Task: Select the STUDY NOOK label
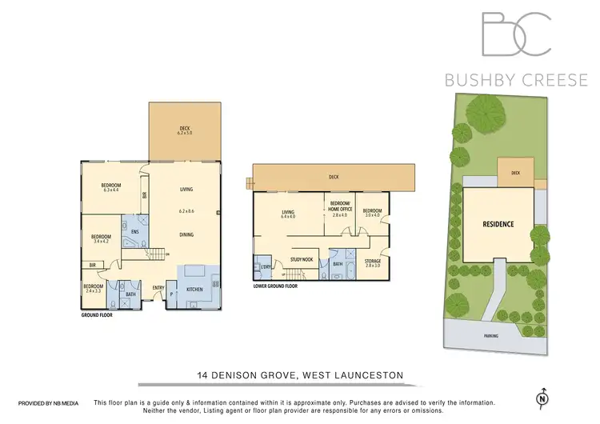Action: [x=302, y=258]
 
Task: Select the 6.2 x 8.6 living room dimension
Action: [x=186, y=211]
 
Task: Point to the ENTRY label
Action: [x=158, y=288]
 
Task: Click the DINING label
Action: [x=186, y=234]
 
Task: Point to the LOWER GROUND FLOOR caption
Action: [x=275, y=285]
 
